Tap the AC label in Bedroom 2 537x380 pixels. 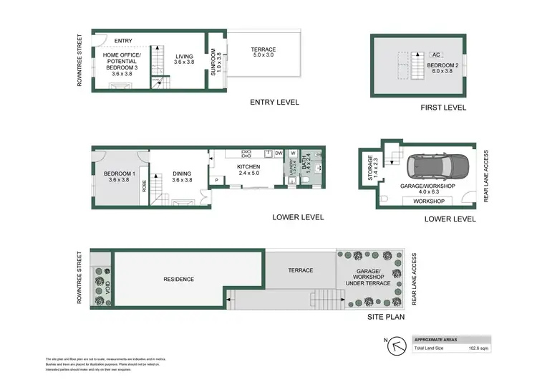pyautogui.click(x=436, y=54)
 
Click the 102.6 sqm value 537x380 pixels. pyautogui.click(x=478, y=348)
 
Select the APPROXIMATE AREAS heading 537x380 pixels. pyautogui.click(x=439, y=339)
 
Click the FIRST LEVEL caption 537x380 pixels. pyautogui.click(x=444, y=108)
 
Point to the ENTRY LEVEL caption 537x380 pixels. pyautogui.click(x=274, y=103)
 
